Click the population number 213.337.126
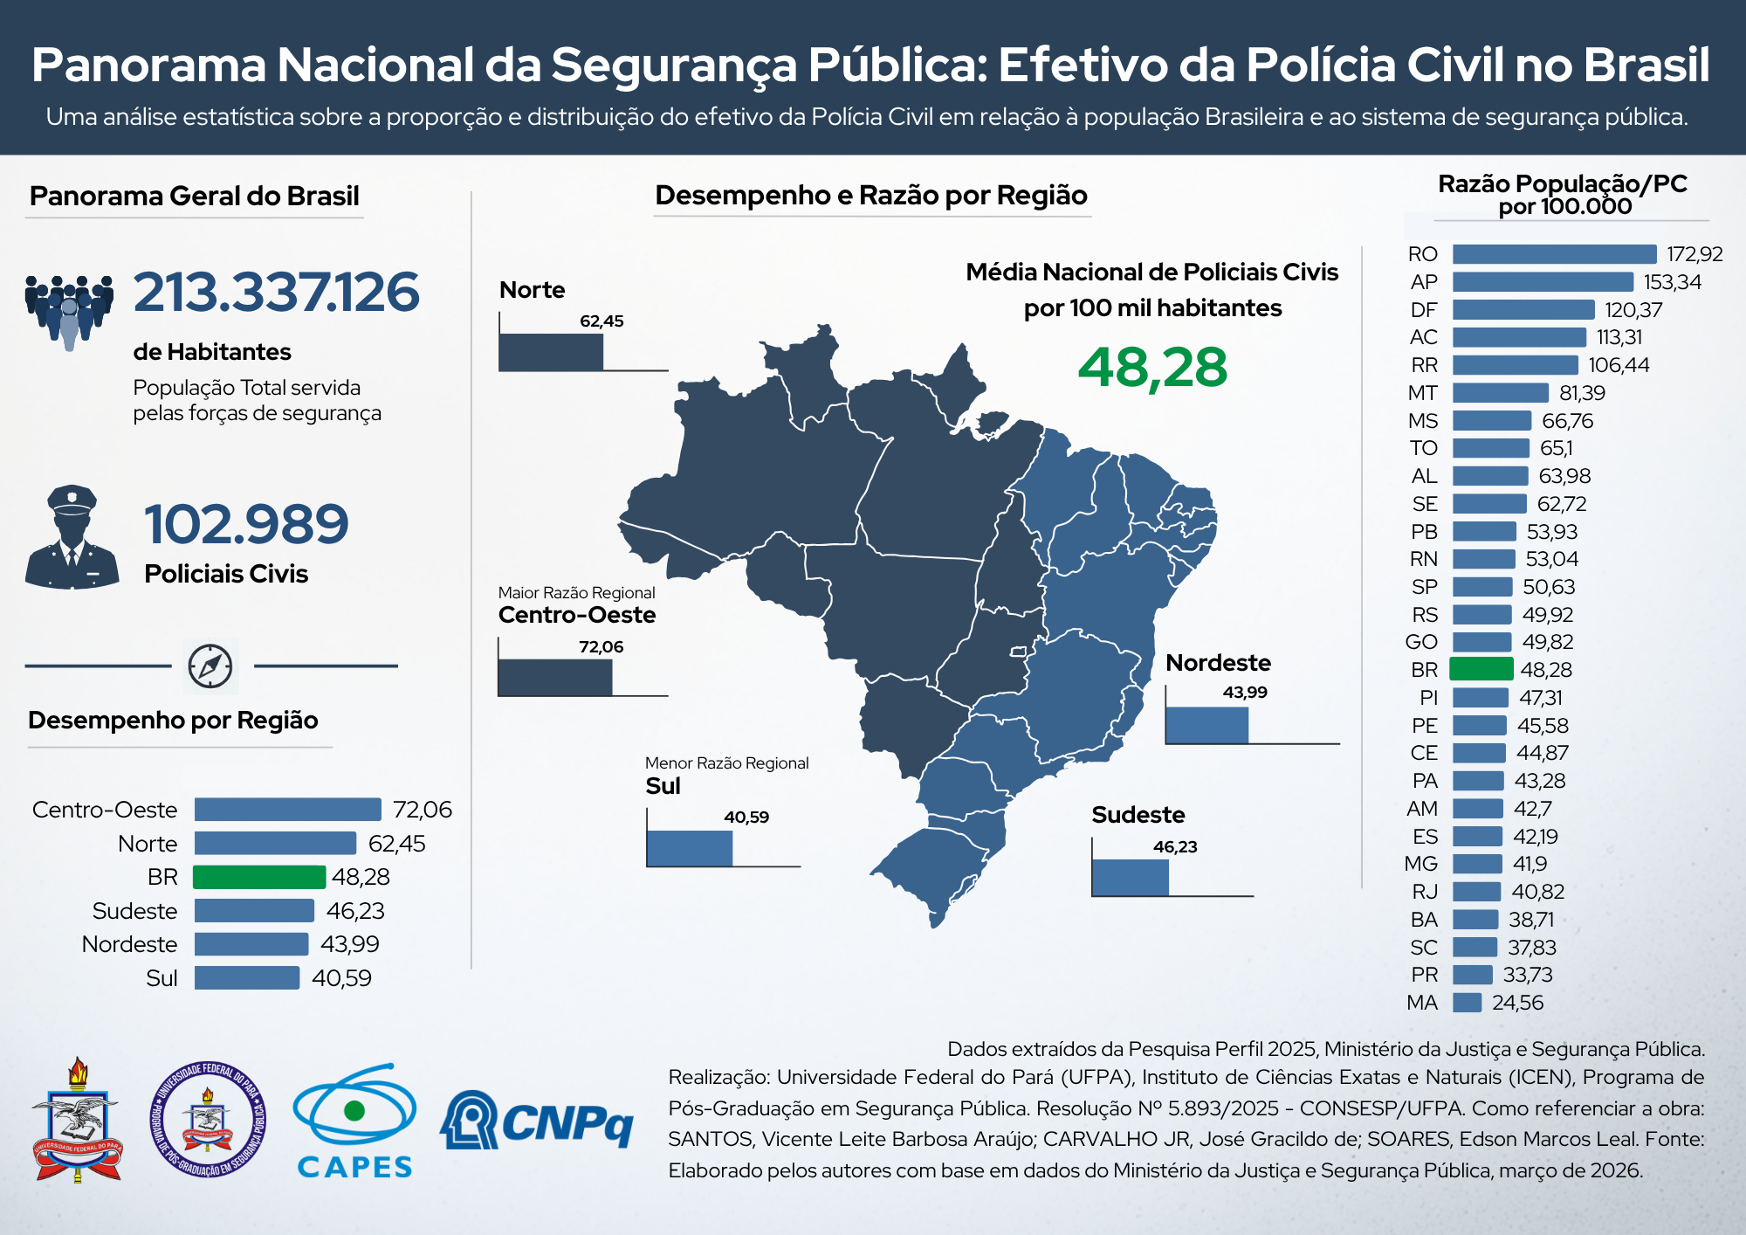[x=276, y=292]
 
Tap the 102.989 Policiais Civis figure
[x=246, y=524]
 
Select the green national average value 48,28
[x=1152, y=368]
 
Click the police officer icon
[x=72, y=536]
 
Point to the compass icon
[x=210, y=666]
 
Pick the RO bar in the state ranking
[x=1554, y=254]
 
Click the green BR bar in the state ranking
[x=1481, y=669]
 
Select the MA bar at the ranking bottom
[x=1467, y=1003]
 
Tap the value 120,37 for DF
[x=1633, y=310]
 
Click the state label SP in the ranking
[x=1424, y=587]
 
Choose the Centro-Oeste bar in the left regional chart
[x=287, y=810]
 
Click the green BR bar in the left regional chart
[x=259, y=877]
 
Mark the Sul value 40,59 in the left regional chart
[x=341, y=978]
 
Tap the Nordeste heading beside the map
[x=1218, y=663]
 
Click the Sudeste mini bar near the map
[x=1131, y=878]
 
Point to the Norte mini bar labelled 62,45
[x=551, y=352]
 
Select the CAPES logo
[x=354, y=1121]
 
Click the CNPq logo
[x=537, y=1120]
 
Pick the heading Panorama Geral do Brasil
[x=194, y=197]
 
